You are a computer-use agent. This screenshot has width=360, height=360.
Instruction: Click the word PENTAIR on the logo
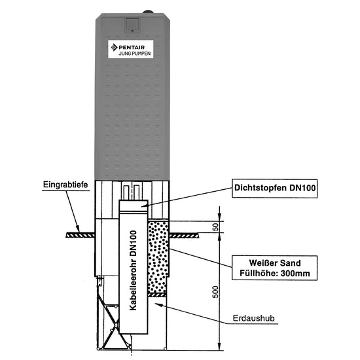click(132, 47)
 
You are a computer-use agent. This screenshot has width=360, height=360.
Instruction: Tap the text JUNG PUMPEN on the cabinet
click(135, 54)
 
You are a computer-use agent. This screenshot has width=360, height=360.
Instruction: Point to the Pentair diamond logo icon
click(114, 47)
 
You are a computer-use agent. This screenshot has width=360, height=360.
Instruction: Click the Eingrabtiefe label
click(65, 185)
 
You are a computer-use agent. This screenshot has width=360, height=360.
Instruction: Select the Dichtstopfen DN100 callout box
click(275, 189)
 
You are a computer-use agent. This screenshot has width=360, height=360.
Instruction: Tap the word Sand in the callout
click(289, 263)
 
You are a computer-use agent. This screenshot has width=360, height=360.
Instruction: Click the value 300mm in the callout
click(295, 273)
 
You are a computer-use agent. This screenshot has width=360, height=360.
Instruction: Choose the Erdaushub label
click(254, 318)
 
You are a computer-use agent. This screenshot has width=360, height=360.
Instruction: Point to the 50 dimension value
click(216, 227)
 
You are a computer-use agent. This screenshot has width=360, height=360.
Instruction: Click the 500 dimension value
click(215, 292)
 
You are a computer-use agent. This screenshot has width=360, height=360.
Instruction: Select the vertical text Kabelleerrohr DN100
click(133, 270)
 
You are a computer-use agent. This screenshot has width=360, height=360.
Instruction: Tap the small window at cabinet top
click(132, 25)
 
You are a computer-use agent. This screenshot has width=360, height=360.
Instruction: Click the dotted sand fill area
click(158, 255)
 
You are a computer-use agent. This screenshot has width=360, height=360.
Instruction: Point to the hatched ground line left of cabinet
click(81, 235)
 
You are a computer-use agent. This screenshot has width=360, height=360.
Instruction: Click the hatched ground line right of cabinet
click(184, 236)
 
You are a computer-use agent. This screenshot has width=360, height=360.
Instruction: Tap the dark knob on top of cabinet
click(148, 12)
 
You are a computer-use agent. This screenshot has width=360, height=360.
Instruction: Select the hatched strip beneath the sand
click(157, 295)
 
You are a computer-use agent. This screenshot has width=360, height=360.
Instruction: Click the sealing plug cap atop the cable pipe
click(134, 207)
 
